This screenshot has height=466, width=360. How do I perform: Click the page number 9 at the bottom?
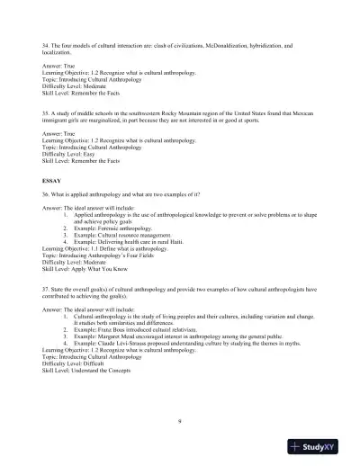tap(180, 419)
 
